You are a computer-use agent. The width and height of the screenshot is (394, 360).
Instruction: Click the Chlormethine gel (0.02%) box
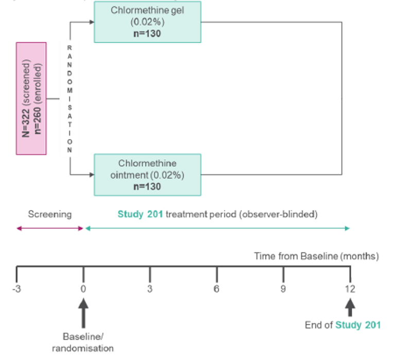pos(147,22)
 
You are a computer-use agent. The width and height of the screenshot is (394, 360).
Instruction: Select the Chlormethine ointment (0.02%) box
pos(147,175)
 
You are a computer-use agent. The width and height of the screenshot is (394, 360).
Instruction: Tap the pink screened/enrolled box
pos(31,98)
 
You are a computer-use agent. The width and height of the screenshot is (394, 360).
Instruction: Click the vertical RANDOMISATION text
pos(70,98)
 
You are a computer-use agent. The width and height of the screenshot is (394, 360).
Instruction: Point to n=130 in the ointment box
pos(147,186)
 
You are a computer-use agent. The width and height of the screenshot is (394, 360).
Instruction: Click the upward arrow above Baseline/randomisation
pos(83,312)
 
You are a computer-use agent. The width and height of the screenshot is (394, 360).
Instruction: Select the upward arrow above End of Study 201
pos(350,307)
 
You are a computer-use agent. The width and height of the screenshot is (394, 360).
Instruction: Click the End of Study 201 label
pos(342,324)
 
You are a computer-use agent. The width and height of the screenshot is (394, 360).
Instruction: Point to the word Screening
pos(50,214)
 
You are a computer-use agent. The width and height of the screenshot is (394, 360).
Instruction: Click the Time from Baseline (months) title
pos(316,256)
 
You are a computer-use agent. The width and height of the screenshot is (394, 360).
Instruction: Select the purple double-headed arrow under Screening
pos(50,228)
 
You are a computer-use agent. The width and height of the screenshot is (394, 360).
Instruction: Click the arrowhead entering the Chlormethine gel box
pos(91,22)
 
